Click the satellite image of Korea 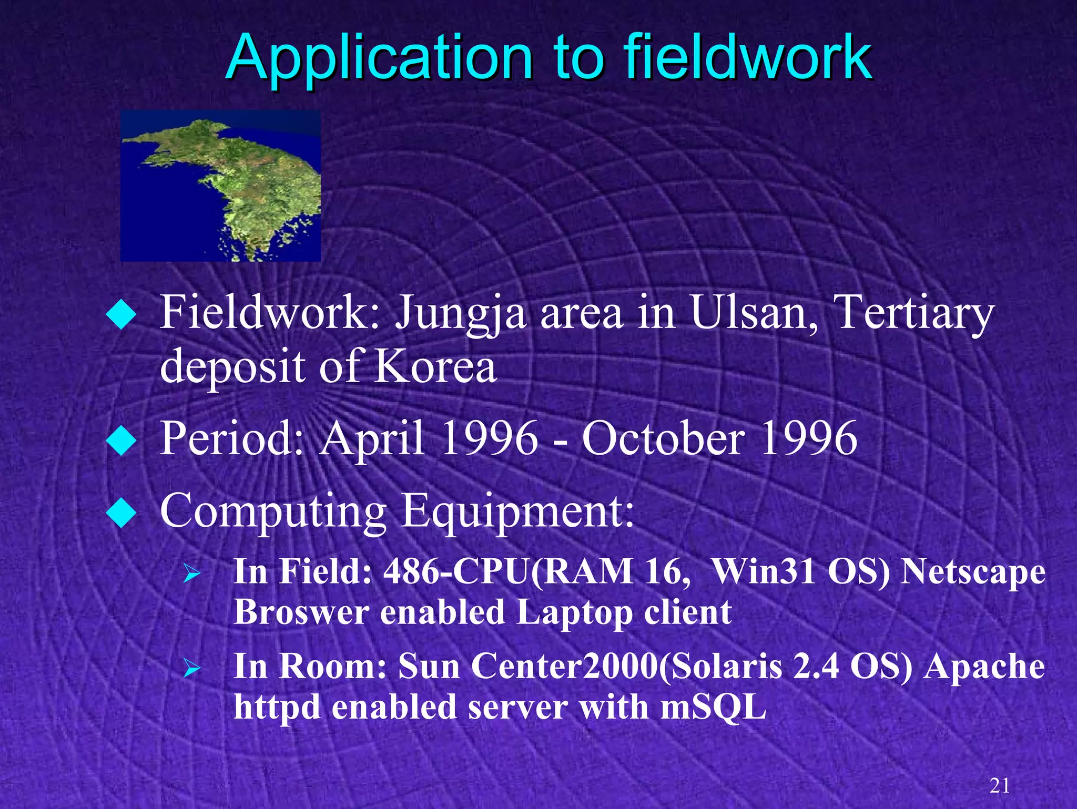pos(220,186)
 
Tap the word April pos(373,439)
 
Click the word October pos(663,439)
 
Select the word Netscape pos(973,571)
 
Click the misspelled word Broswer pos(301,612)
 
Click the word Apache pos(984,667)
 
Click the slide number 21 pos(999,786)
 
